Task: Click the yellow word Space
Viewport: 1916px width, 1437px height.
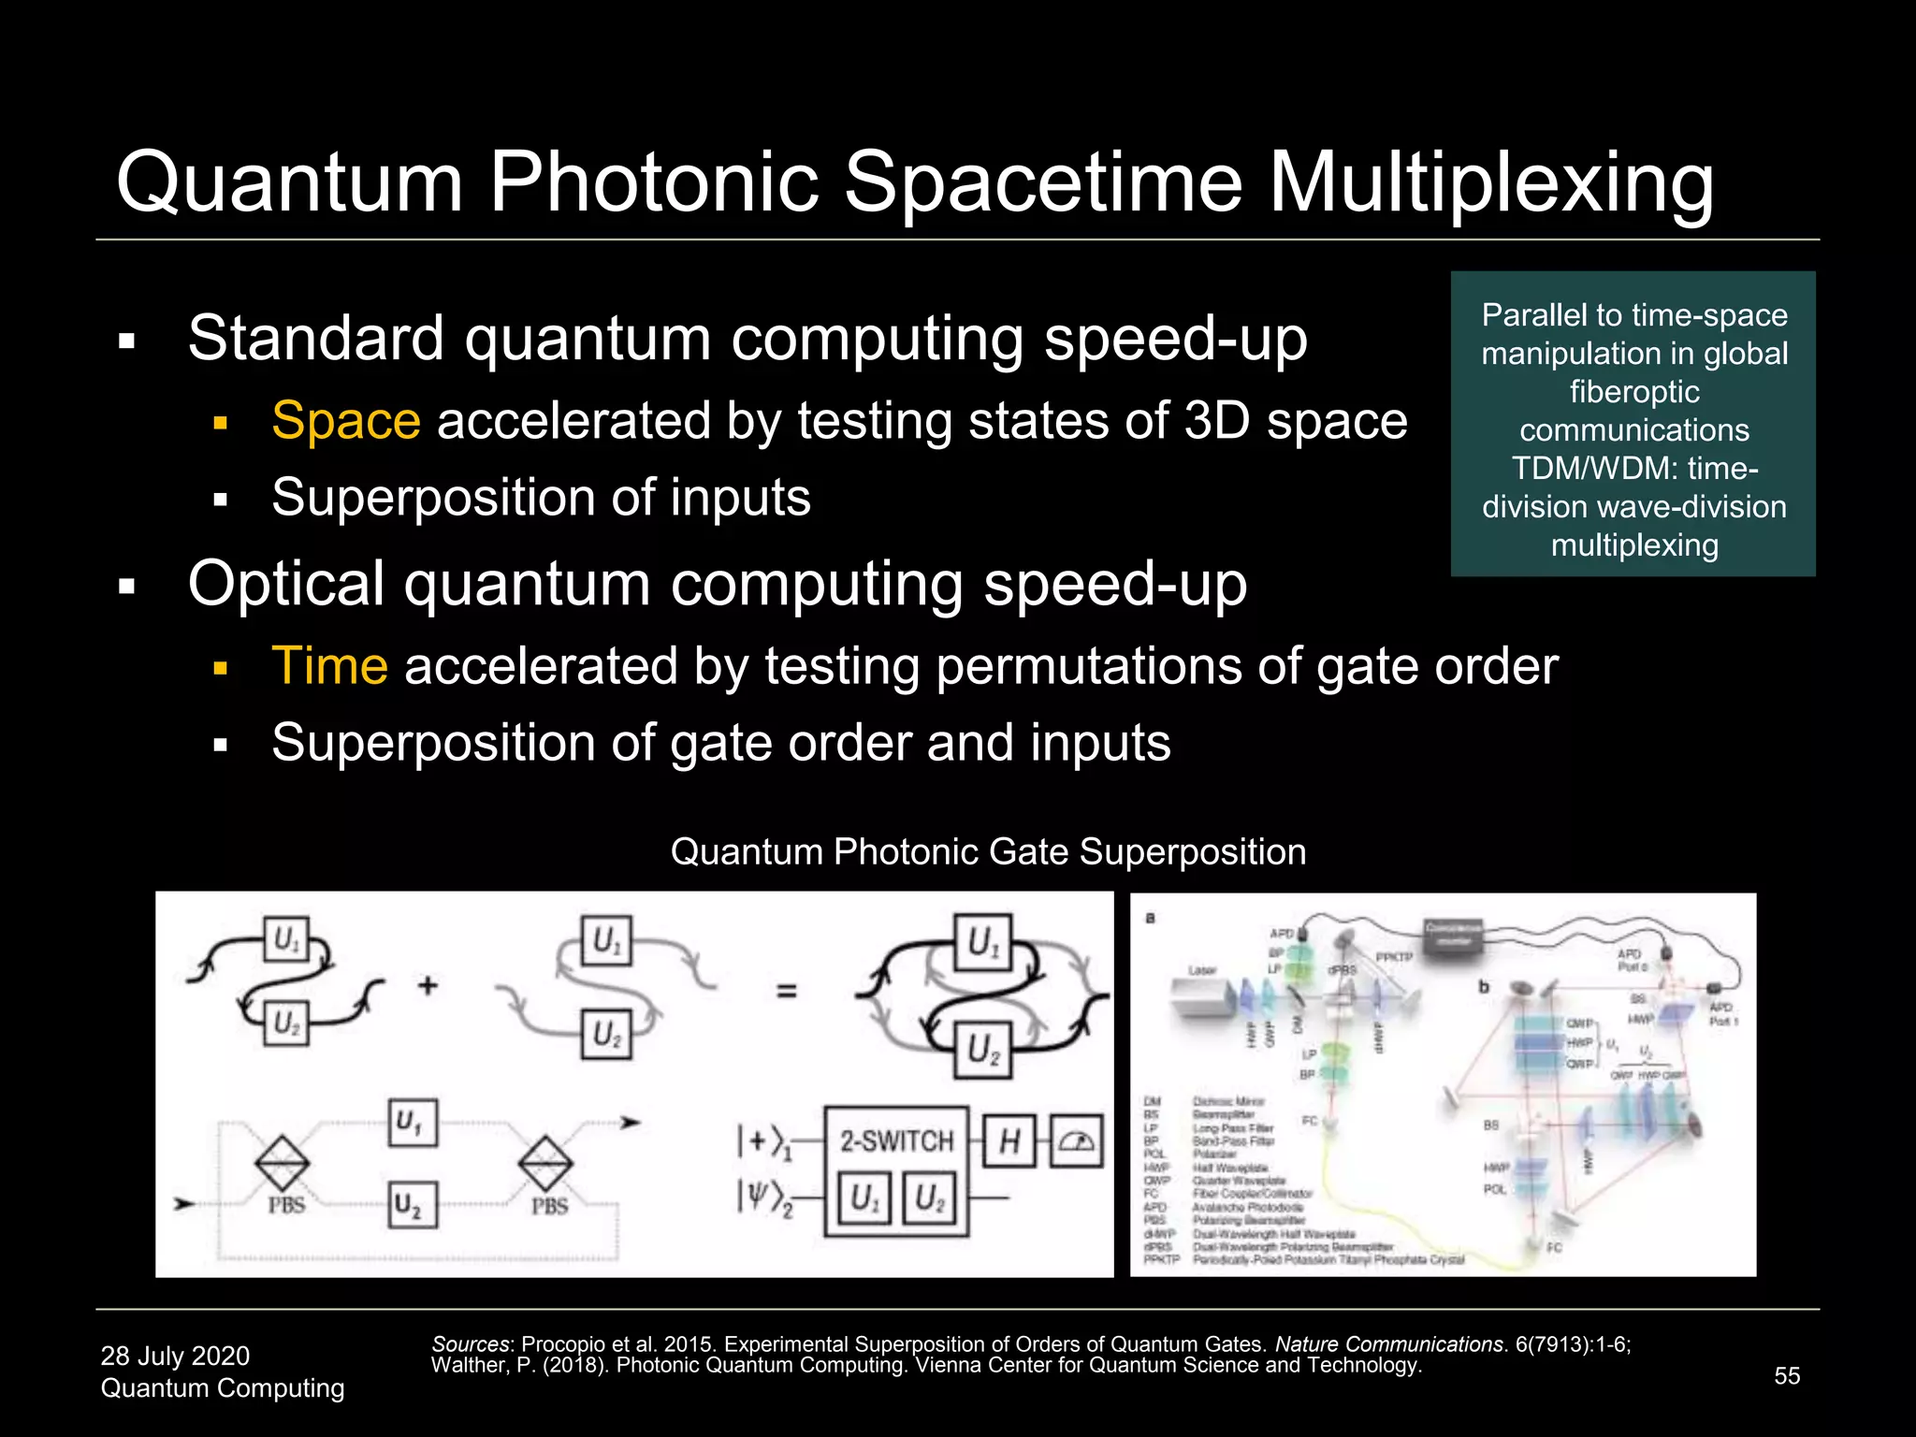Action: point(345,421)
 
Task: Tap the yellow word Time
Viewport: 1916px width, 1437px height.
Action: point(329,666)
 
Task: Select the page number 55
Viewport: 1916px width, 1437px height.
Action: point(1787,1375)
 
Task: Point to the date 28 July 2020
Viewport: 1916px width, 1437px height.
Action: point(175,1356)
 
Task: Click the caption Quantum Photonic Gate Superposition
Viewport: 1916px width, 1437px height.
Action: point(988,852)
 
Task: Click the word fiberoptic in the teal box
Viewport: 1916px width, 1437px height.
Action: point(1633,391)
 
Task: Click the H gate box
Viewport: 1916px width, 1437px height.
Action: point(1009,1140)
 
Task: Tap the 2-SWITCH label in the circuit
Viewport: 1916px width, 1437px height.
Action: point(895,1140)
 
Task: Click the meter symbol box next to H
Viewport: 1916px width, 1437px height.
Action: point(1077,1140)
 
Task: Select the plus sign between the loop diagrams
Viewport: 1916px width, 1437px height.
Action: point(428,985)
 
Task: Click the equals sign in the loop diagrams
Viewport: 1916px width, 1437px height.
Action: point(787,990)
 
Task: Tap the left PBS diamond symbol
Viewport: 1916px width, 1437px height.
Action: point(283,1163)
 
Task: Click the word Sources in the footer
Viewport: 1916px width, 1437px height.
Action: point(471,1344)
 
